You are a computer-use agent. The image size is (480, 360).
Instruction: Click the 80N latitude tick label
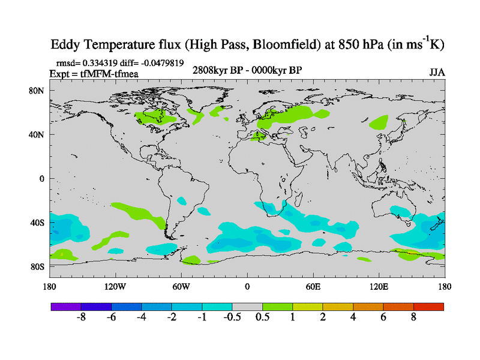click(x=38, y=91)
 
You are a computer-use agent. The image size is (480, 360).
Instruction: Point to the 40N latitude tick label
click(x=38, y=134)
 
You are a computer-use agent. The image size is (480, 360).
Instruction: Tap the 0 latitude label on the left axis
click(x=42, y=178)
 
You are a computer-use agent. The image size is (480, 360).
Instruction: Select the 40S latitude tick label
click(x=38, y=223)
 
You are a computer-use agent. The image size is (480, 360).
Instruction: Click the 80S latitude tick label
click(x=38, y=266)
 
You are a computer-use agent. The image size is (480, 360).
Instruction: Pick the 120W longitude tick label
click(x=115, y=286)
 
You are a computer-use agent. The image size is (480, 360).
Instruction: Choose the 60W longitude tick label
click(x=181, y=286)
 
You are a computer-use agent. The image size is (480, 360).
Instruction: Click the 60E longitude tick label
click(x=313, y=286)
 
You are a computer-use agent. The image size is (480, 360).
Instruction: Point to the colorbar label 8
click(x=413, y=317)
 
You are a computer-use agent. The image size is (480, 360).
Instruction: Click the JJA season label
click(x=437, y=72)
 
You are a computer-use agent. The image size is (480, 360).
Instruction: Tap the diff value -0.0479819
click(x=160, y=62)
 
